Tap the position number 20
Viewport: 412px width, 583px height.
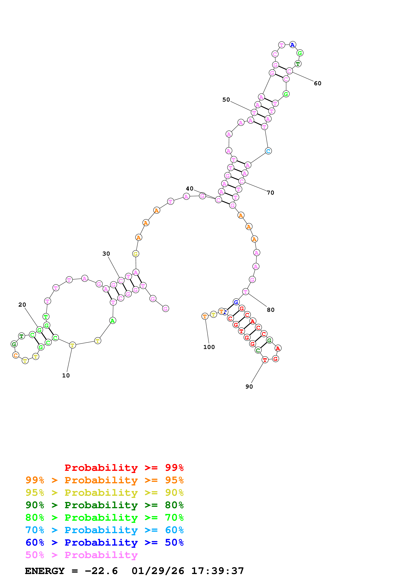(x=22, y=305)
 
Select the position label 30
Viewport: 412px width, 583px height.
(x=106, y=254)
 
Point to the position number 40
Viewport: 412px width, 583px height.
(x=190, y=189)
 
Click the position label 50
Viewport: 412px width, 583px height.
(x=226, y=100)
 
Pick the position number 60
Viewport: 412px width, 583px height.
(x=318, y=84)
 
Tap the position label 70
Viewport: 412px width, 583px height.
(x=271, y=193)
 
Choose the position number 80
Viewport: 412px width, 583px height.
(x=271, y=310)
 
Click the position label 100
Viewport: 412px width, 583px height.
(x=209, y=347)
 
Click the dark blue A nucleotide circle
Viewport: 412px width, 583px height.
(x=293, y=45)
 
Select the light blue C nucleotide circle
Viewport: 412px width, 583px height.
(x=268, y=151)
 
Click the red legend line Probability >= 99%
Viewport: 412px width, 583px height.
(x=124, y=468)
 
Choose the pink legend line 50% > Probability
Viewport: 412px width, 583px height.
(x=81, y=555)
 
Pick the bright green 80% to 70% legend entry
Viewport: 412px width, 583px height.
(x=104, y=518)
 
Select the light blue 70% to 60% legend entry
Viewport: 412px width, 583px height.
(x=104, y=530)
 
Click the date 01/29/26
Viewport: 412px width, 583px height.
(x=158, y=571)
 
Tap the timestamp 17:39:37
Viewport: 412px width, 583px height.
(x=218, y=571)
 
